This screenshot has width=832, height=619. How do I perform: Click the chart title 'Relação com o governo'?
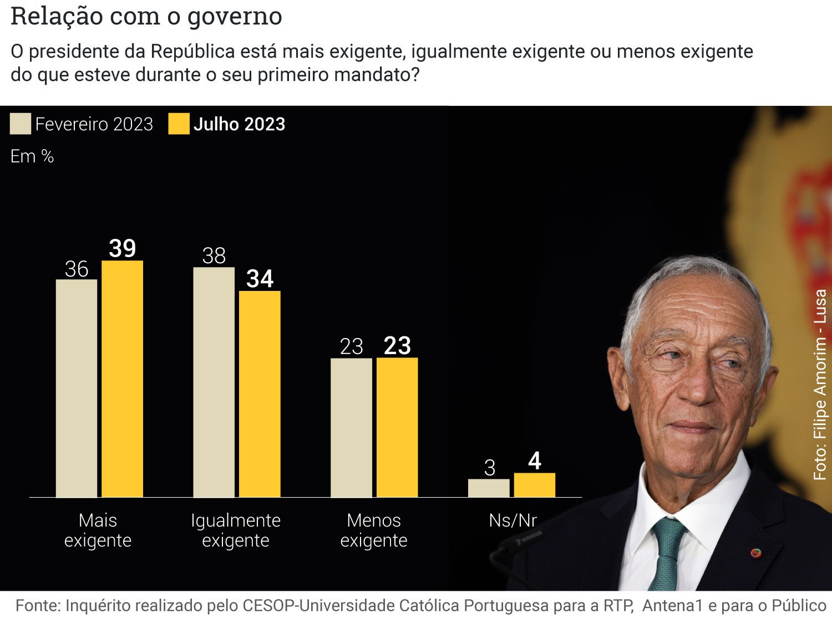146,16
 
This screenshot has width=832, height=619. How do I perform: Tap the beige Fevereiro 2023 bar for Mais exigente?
77,388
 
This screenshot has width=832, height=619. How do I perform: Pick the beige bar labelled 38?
214,382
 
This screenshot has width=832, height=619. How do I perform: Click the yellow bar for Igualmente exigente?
260,394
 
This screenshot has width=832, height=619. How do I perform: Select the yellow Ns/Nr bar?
534,485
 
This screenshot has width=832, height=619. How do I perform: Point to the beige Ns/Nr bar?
489,488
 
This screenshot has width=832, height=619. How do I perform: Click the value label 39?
122,248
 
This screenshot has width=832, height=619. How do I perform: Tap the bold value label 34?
260,279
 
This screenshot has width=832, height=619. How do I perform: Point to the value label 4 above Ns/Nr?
534,461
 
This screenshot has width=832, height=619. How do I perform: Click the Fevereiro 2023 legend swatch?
21,124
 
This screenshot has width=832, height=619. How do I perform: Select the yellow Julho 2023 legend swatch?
179,124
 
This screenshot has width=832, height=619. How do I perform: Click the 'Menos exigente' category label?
373,530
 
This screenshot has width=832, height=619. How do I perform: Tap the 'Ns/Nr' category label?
513,520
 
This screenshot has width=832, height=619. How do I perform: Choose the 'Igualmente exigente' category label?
236,530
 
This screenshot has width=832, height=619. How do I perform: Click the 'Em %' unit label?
32,157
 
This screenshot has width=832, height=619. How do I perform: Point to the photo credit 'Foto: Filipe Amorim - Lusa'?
820,385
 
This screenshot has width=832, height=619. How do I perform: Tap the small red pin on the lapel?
755,553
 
